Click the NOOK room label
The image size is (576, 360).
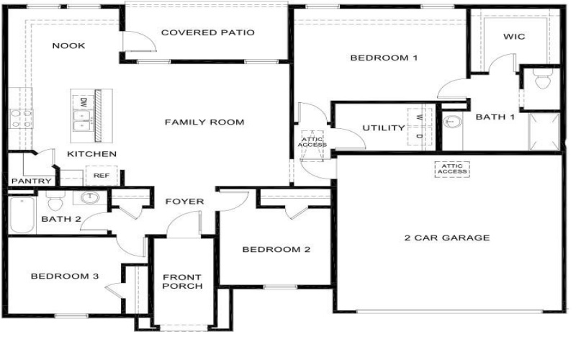[69, 46]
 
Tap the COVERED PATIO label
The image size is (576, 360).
[207, 33]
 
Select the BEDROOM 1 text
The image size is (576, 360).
[384, 58]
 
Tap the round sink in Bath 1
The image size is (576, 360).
[451, 122]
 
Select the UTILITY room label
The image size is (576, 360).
[383, 128]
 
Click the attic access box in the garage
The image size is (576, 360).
[451, 168]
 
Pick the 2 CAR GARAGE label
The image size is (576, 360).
[446, 238]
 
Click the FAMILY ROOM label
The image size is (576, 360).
[204, 122]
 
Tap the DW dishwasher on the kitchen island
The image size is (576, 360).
[84, 103]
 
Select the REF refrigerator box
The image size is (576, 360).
[97, 175]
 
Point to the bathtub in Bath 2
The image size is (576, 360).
[21, 215]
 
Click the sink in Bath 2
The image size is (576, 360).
[91, 198]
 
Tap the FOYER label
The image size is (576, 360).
[184, 202]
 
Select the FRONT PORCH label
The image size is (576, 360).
[182, 282]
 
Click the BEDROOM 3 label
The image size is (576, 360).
[64, 276]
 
